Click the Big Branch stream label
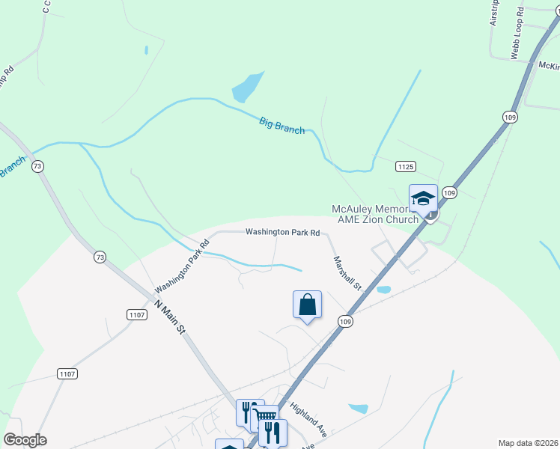[x=281, y=125]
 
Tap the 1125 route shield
[x=406, y=166]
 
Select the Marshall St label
[x=347, y=274]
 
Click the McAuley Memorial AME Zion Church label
[x=375, y=213]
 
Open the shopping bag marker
[x=307, y=305]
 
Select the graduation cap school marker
[x=423, y=198]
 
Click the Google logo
[x=25, y=440]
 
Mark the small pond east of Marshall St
[x=383, y=289]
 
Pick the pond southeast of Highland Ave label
[x=359, y=409]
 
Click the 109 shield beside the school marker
[x=449, y=192]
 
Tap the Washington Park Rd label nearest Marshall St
[x=283, y=233]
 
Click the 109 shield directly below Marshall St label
[x=344, y=321]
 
